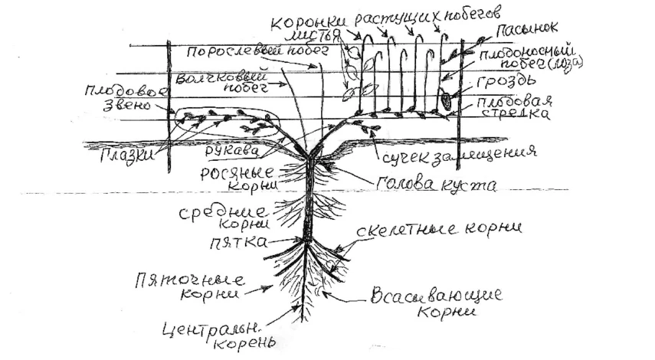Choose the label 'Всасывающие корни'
434,303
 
